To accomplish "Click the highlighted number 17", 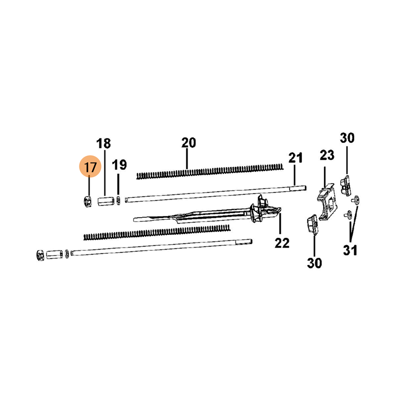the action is (90, 167).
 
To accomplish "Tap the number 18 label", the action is (103, 143).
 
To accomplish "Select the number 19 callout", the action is (119, 165).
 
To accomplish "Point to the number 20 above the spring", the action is (188, 143).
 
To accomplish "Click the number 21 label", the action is (295, 158).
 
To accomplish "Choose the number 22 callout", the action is (282, 243).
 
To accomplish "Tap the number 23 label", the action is (327, 155).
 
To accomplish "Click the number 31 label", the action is (350, 250).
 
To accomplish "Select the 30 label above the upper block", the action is (347, 138).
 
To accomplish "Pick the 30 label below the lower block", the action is (314, 263).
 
